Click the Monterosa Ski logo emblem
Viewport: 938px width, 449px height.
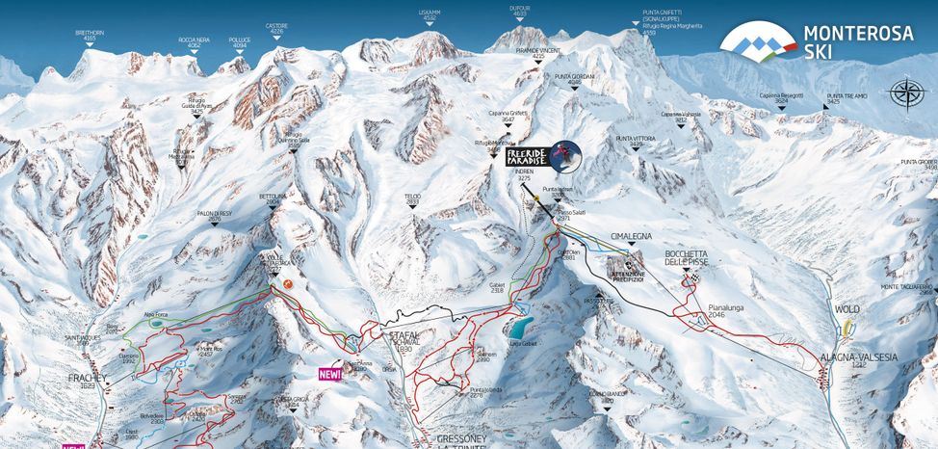pyautogui.click(x=759, y=40)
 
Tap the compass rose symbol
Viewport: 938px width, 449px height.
pyautogui.click(x=906, y=93)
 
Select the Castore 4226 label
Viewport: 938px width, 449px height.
pyautogui.click(x=277, y=29)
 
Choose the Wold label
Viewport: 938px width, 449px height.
pyautogui.click(x=847, y=310)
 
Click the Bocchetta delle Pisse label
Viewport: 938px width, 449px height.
pyautogui.click(x=687, y=257)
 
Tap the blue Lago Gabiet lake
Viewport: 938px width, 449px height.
pyautogui.click(x=522, y=325)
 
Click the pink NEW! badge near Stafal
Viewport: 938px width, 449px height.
pyautogui.click(x=330, y=372)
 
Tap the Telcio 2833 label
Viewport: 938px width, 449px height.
pyautogui.click(x=413, y=198)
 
